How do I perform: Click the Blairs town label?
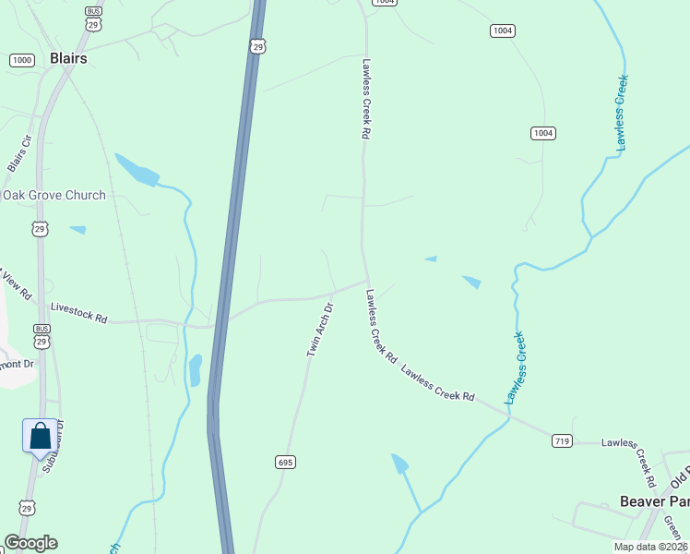68,58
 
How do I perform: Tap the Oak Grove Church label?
54,195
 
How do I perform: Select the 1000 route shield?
22,60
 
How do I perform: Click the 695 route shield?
284,461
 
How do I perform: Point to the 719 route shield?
562,440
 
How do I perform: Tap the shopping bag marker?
40,435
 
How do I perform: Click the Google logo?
30,542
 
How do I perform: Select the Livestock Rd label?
79,313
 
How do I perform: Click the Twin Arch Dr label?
319,329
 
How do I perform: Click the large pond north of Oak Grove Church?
137,171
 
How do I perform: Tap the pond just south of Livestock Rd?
195,370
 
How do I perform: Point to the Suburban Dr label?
54,443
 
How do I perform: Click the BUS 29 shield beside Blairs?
92,18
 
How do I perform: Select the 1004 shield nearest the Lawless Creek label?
542,134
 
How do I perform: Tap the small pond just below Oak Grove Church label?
77,229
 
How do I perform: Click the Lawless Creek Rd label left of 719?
437,382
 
